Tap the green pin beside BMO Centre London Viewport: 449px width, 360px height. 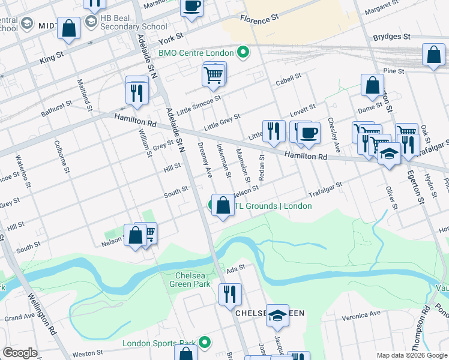tap(243, 53)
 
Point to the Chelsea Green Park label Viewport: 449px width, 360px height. tap(191, 279)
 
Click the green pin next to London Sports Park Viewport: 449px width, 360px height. tap(205, 343)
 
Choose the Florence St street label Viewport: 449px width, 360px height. tap(259, 19)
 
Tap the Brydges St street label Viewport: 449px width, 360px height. tap(391, 37)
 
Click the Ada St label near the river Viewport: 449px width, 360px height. tap(236, 268)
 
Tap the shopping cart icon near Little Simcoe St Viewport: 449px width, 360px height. tap(214, 75)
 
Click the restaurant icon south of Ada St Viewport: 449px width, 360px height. tap(229, 293)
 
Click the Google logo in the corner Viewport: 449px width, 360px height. tap(20, 353)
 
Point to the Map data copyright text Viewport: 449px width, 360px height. tap(412, 355)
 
